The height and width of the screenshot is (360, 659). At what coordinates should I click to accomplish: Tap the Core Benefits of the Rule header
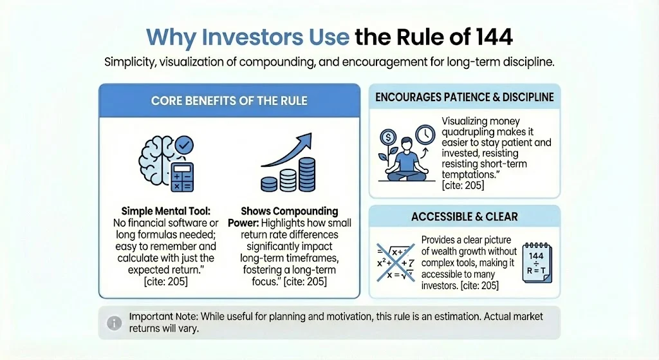[x=228, y=100]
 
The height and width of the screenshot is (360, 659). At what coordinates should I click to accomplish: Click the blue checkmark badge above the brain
[x=185, y=143]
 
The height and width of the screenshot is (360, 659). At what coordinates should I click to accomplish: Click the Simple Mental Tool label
[x=162, y=211]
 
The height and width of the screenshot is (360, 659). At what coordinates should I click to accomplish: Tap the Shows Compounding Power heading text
[x=289, y=211]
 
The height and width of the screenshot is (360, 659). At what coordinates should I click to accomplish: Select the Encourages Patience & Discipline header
[x=464, y=97]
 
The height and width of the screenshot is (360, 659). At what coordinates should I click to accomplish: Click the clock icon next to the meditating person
[x=424, y=135]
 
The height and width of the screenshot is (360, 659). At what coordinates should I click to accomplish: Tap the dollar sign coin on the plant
[x=387, y=137]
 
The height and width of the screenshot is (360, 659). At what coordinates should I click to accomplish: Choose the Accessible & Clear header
[x=464, y=216]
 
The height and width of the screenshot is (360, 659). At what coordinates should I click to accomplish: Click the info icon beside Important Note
[x=113, y=323]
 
